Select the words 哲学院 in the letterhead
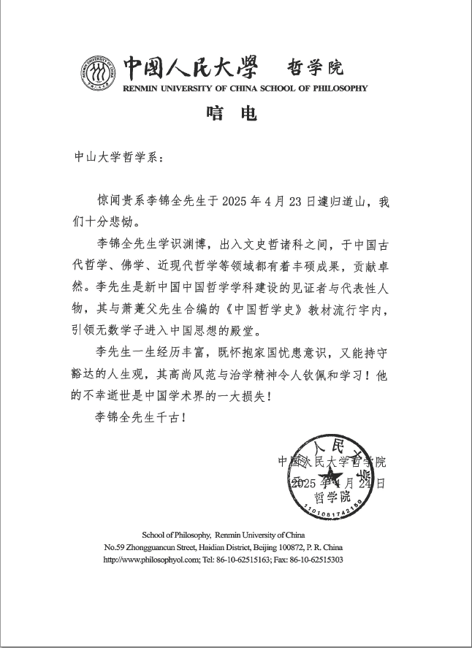tap(316, 68)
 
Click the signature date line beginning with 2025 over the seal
tap(337, 484)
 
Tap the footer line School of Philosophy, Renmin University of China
tap(223, 535)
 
